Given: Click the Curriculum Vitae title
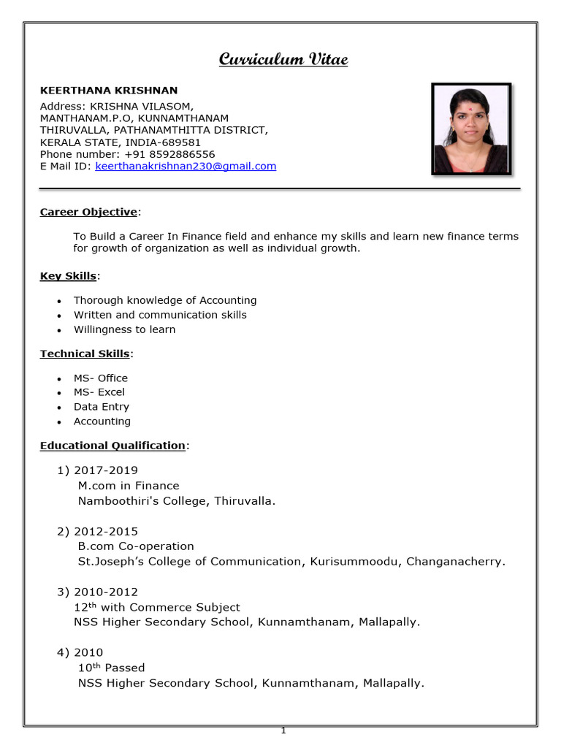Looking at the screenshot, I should coord(283,59).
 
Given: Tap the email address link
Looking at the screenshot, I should coord(186,166).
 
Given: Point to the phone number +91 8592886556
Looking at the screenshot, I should coord(169,154).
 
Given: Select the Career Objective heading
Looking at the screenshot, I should coord(88,212).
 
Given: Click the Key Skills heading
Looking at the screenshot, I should coord(68,275).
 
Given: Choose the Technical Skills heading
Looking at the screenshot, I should coord(85,354).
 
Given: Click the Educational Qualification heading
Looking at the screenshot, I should coord(112,445).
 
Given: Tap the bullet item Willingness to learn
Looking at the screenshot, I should coord(124,329).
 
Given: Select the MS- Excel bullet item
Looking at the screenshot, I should coord(99,392).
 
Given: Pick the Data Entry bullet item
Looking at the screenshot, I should coord(101,407).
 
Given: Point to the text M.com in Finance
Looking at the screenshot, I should coord(128,486).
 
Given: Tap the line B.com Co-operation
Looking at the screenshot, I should coord(136,546).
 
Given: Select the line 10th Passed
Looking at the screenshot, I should coord(111,668).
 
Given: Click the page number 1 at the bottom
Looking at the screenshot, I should coord(283,730).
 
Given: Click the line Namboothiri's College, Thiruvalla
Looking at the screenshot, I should coord(177,501).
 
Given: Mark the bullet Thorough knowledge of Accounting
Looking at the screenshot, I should coord(165,300).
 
